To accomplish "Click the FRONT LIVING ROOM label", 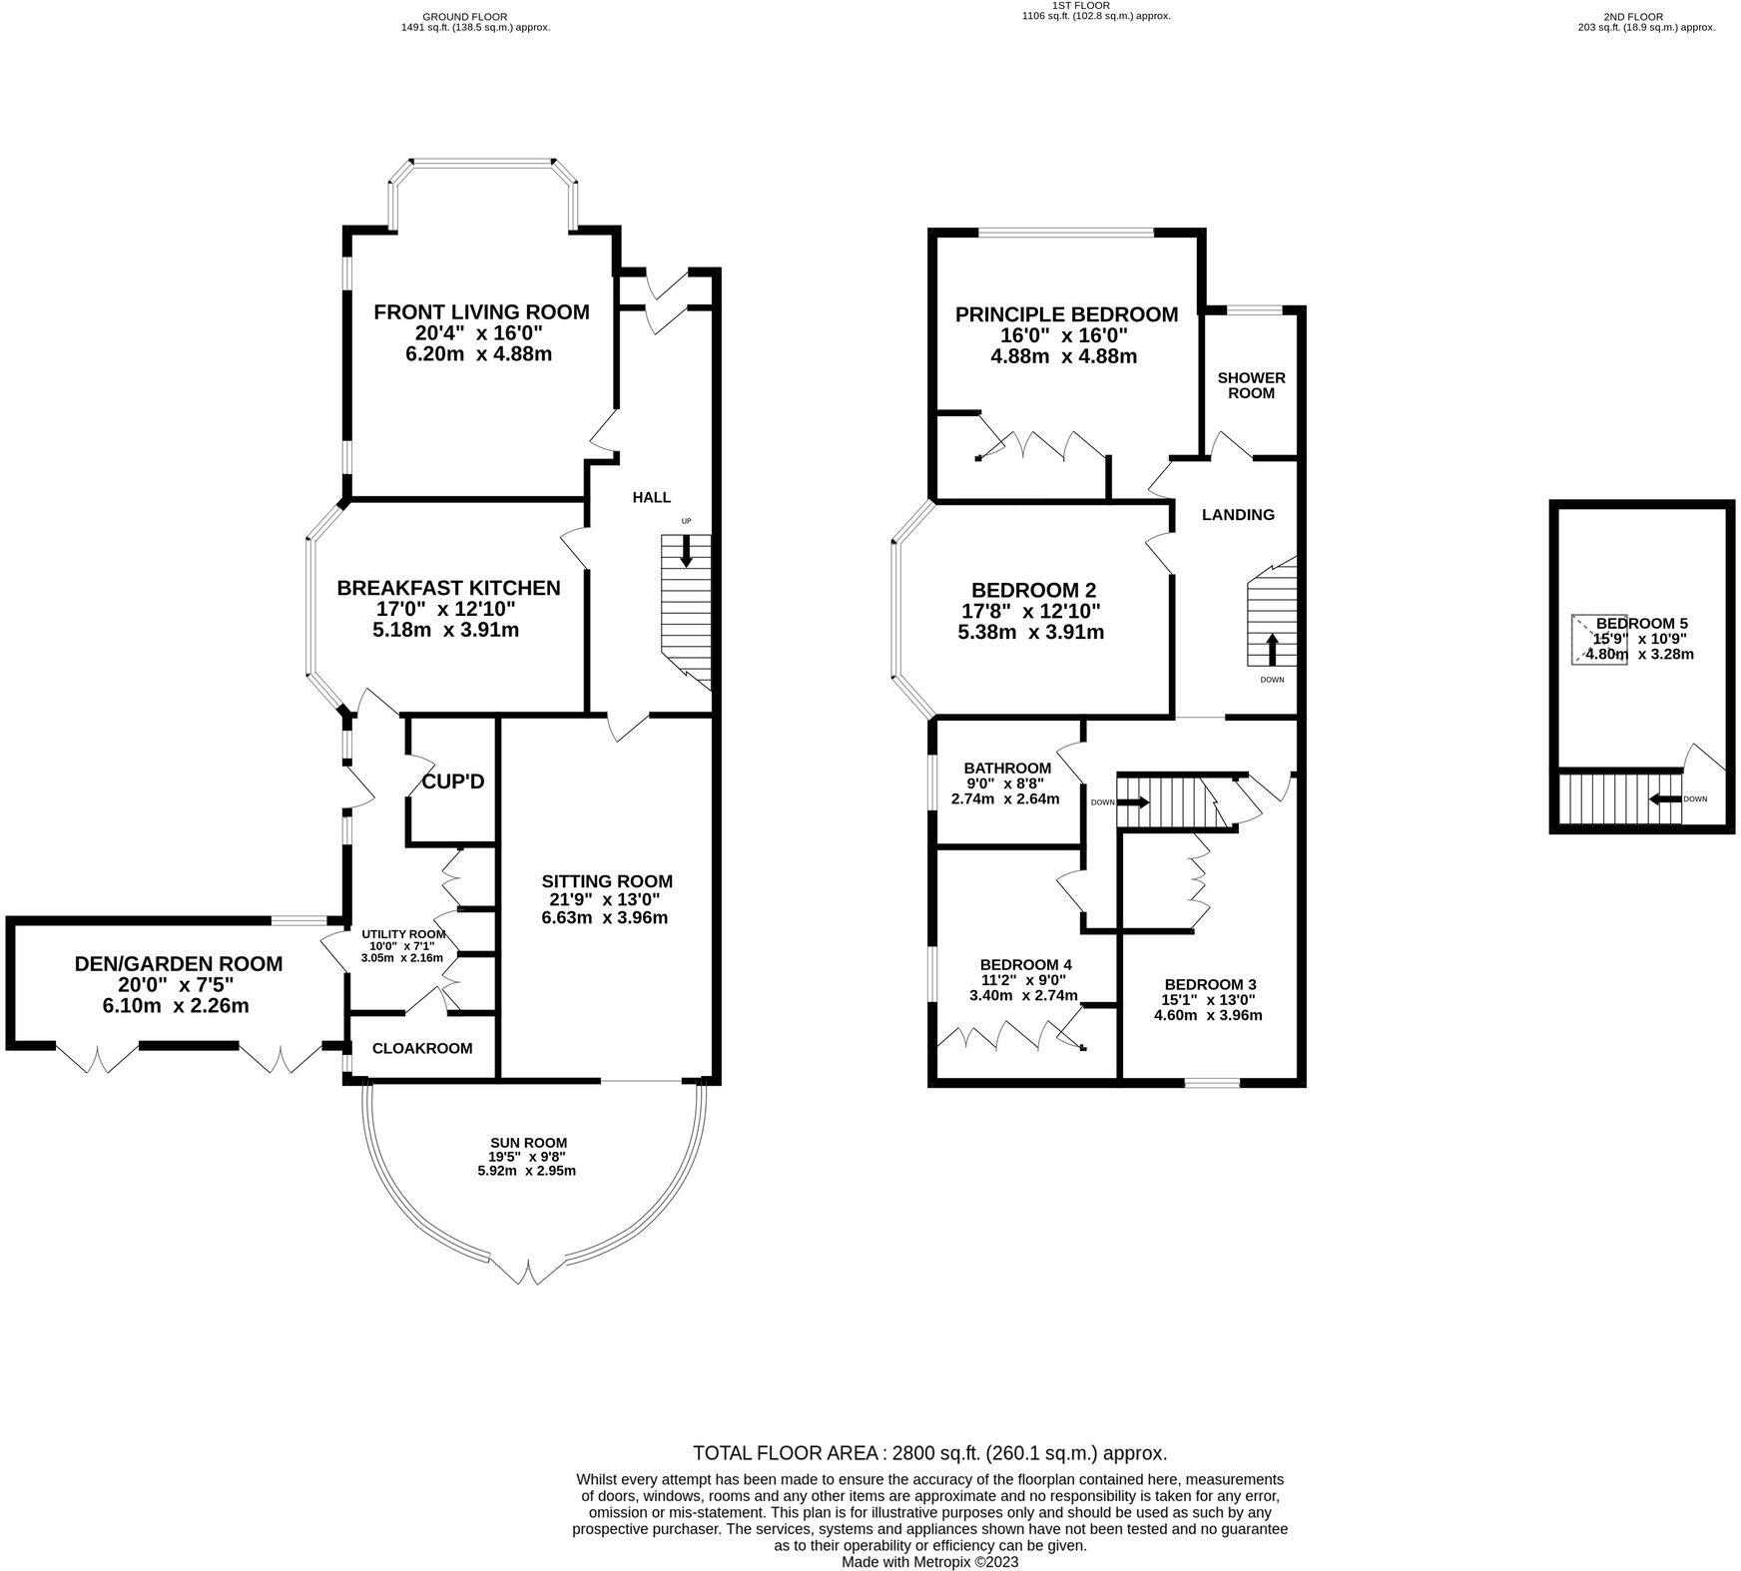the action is pyautogui.click(x=481, y=312).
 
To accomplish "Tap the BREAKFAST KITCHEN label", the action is pyautogui.click(x=448, y=588).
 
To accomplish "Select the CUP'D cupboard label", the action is pyautogui.click(x=453, y=782).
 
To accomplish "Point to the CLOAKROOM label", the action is pyautogui.click(x=422, y=1048).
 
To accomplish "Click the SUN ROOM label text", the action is pyautogui.click(x=528, y=1143).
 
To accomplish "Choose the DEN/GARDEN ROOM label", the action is pyautogui.click(x=179, y=964).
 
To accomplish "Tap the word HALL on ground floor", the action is pyautogui.click(x=652, y=497).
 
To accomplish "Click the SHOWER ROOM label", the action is pyautogui.click(x=1251, y=385).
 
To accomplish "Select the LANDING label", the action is pyautogui.click(x=1238, y=515).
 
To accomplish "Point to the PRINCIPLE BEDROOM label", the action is pyautogui.click(x=1066, y=314).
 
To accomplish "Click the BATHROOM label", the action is pyautogui.click(x=1007, y=768).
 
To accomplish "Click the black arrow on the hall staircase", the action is pyautogui.click(x=686, y=551).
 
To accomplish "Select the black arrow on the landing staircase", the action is pyautogui.click(x=1272, y=651).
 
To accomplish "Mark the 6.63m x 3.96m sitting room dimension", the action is pyautogui.click(x=605, y=917).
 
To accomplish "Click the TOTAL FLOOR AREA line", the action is pyautogui.click(x=929, y=1453).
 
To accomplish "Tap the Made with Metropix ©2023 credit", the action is pyautogui.click(x=929, y=1562).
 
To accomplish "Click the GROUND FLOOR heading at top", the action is pyautogui.click(x=464, y=16).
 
